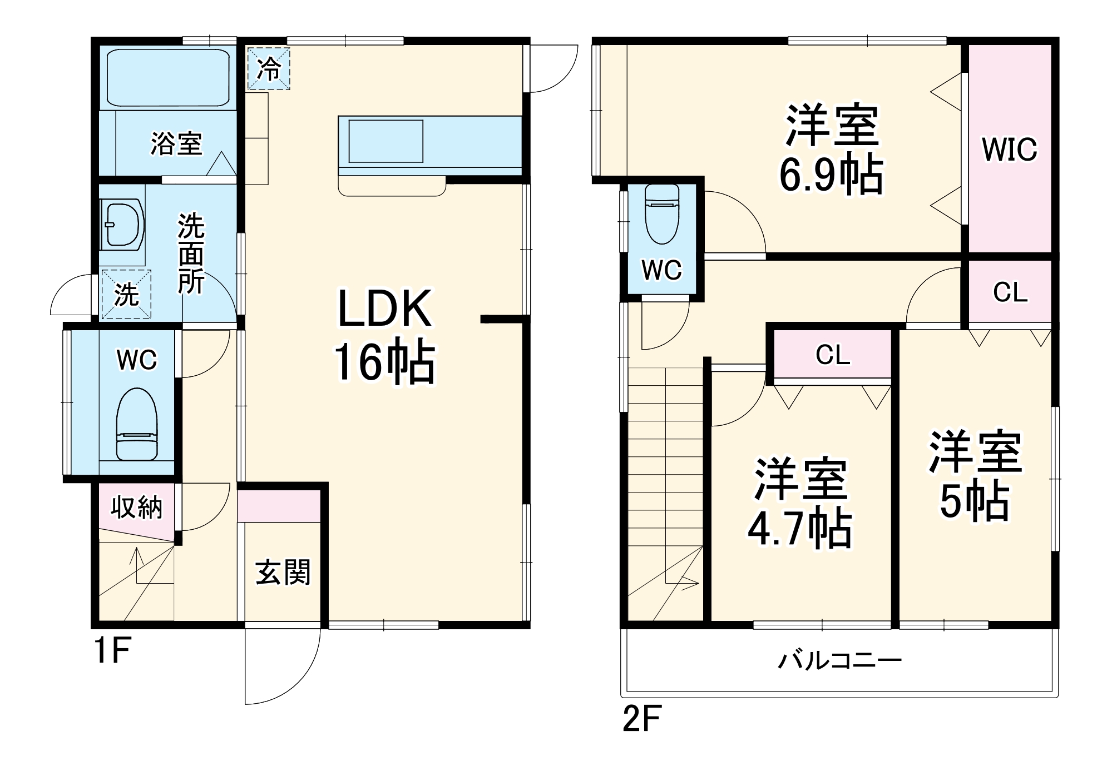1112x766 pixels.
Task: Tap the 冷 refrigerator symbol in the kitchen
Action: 269,68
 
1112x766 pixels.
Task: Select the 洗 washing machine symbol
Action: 126,294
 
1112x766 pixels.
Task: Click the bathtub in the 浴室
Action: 167,77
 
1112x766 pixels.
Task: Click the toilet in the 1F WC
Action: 137,424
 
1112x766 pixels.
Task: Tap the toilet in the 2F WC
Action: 662,213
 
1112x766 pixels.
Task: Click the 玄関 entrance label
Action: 283,572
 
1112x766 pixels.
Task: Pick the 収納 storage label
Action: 136,507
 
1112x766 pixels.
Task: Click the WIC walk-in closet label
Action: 1010,149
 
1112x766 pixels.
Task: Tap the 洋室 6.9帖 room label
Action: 831,149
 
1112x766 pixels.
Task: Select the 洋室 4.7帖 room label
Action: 800,503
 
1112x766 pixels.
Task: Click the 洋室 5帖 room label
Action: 975,475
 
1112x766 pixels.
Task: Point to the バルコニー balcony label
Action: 839,660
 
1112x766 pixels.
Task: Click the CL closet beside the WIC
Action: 1010,292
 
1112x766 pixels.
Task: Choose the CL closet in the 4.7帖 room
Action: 832,354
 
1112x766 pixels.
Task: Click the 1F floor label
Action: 112,650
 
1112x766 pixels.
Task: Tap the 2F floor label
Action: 641,718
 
